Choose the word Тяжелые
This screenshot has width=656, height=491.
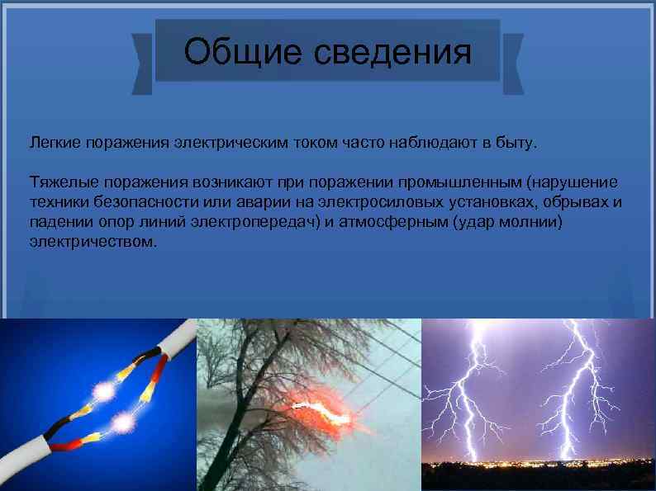pos(59,181)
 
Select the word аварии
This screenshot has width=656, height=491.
pos(264,201)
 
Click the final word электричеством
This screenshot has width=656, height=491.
pos(92,243)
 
